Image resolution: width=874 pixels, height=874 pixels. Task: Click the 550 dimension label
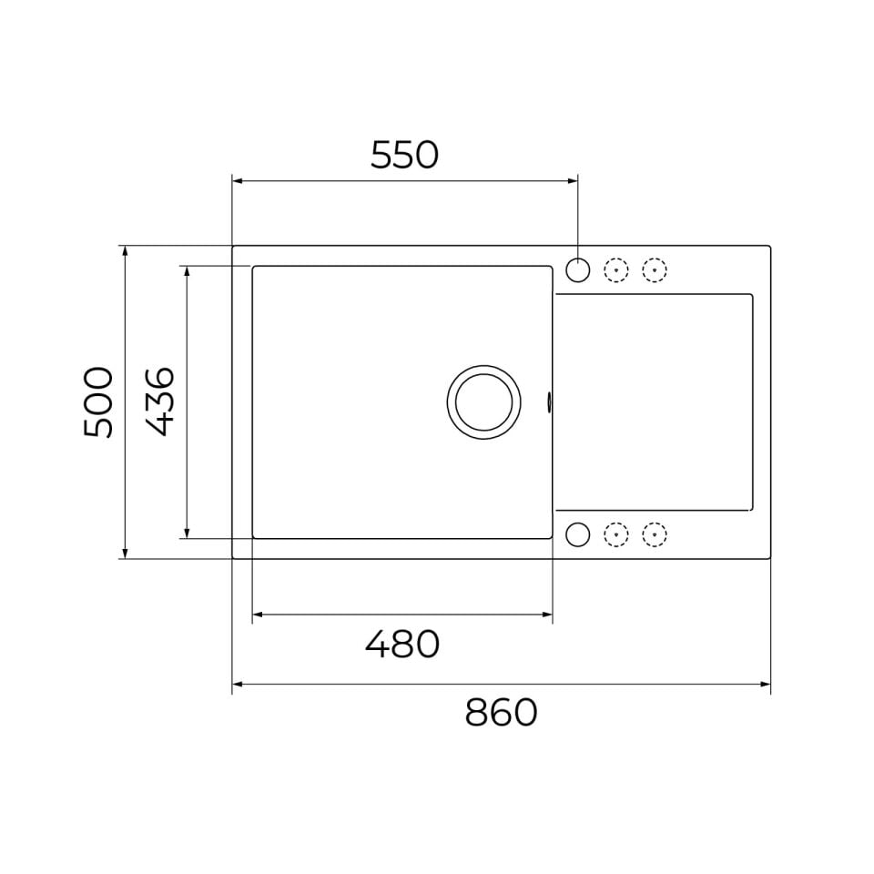pyautogui.click(x=404, y=155)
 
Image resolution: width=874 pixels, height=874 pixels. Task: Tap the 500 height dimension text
pyautogui.click(x=98, y=401)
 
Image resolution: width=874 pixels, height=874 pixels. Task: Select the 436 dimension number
pyautogui.click(x=160, y=401)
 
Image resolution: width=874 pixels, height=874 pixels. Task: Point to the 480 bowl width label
pyautogui.click(x=402, y=644)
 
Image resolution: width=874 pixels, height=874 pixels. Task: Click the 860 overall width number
pyautogui.click(x=501, y=712)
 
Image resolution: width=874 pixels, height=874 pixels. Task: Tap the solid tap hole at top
pyautogui.click(x=577, y=269)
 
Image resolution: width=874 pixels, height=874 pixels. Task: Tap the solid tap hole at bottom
pyautogui.click(x=577, y=534)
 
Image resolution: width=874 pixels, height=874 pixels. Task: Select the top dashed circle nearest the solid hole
pyautogui.click(x=616, y=269)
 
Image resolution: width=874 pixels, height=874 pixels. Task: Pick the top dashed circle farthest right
pyautogui.click(x=655, y=269)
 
